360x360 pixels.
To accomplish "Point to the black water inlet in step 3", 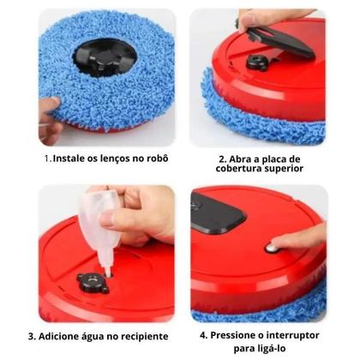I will click(x=93, y=279).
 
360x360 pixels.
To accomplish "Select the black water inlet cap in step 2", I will click(x=258, y=62).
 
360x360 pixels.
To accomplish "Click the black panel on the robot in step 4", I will click(x=217, y=212).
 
